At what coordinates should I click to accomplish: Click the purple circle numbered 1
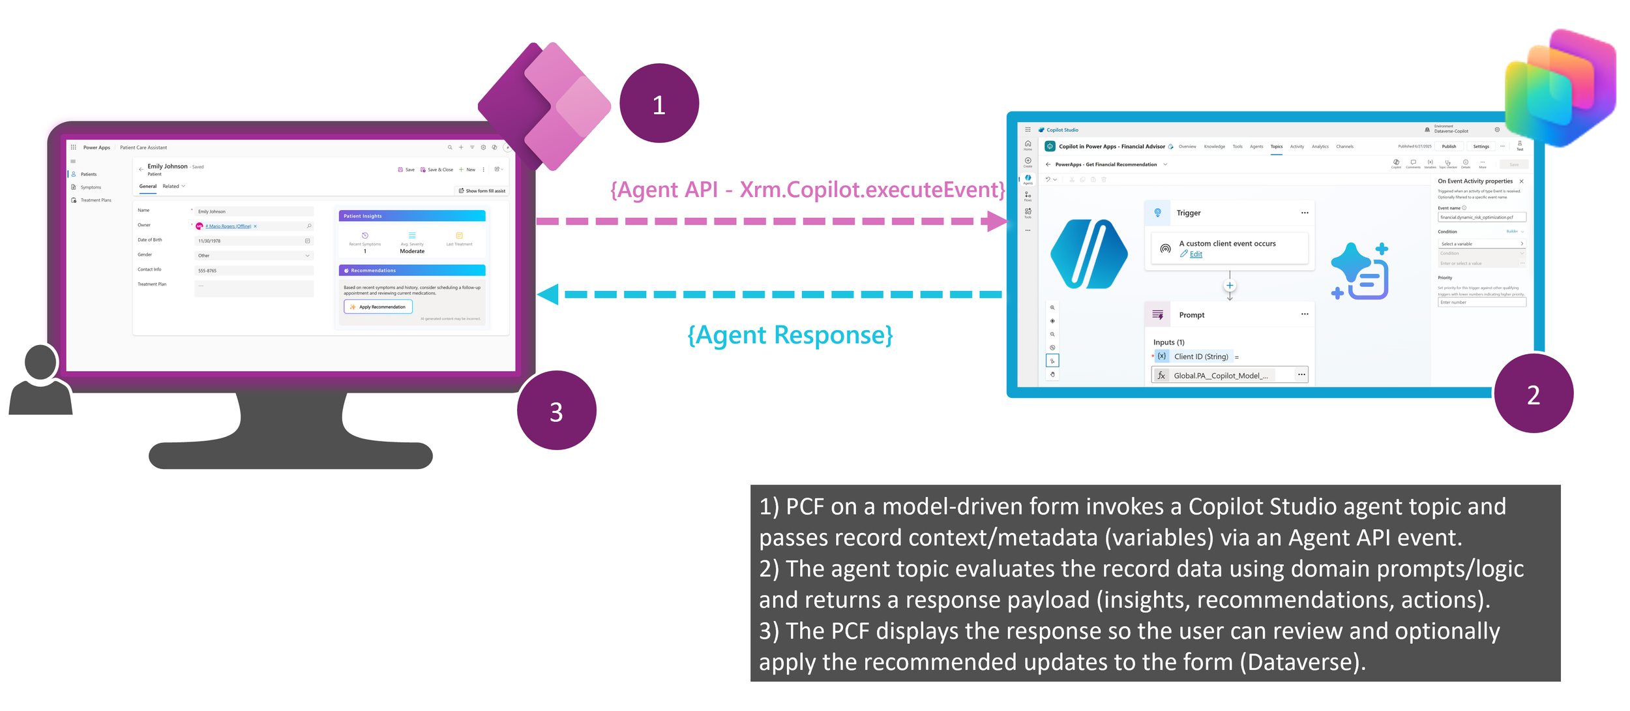coord(659,103)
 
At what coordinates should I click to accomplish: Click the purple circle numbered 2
coord(1533,393)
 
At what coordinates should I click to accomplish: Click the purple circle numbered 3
coord(556,410)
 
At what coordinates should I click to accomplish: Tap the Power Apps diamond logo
coord(545,106)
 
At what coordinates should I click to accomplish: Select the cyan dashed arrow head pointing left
coord(548,294)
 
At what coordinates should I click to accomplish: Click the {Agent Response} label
coord(790,335)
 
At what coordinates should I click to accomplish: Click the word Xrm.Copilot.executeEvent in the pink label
coord(871,190)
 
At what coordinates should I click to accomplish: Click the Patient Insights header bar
coord(411,216)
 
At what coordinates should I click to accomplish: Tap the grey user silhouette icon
coord(40,381)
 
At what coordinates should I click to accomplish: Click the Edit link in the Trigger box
coord(1195,254)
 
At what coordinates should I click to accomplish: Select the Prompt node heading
coord(1191,315)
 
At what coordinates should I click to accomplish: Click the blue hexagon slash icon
coord(1088,254)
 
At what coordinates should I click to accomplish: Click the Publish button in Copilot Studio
coord(1448,147)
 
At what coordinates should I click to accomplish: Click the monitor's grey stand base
coord(290,455)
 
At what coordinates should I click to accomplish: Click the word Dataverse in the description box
coord(1301,662)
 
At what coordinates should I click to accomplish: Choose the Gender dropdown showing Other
coord(254,256)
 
